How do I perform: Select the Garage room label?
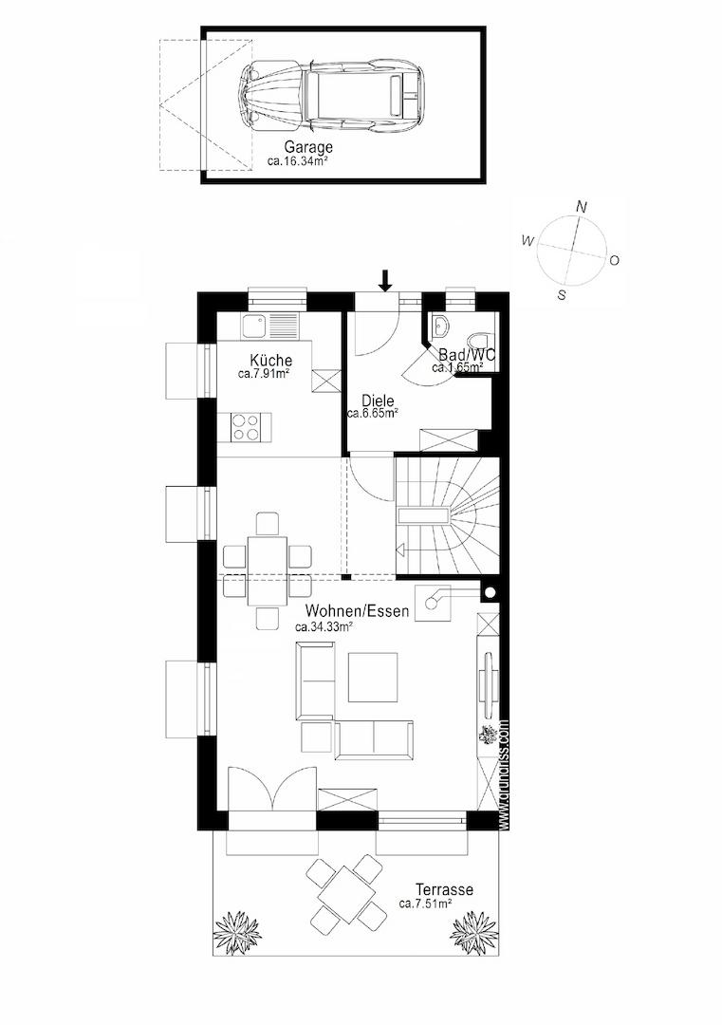(x=308, y=148)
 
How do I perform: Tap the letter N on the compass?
(x=582, y=207)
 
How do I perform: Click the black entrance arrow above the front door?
(x=384, y=279)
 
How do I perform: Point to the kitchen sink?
(x=253, y=326)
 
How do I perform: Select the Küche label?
(x=270, y=361)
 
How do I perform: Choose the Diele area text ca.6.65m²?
(x=372, y=413)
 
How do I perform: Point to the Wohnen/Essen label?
(x=357, y=611)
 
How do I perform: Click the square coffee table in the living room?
(x=373, y=677)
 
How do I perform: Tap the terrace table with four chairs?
(x=346, y=891)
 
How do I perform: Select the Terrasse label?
(x=444, y=890)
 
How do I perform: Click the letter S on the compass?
(x=562, y=295)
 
